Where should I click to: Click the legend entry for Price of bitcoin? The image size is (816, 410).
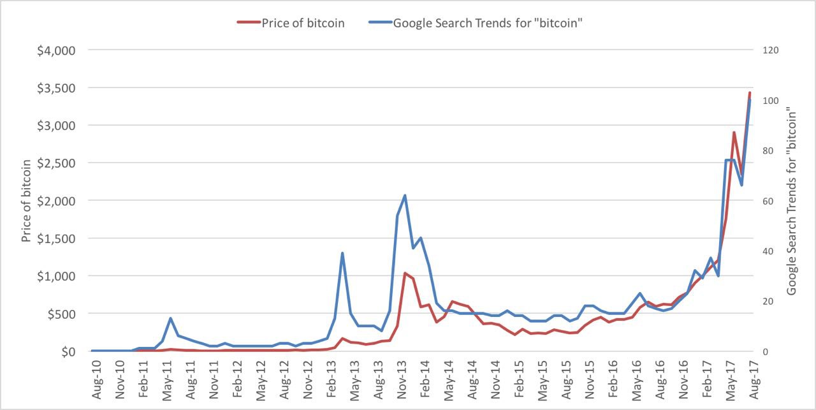tap(302, 23)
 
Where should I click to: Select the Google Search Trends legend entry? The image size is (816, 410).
tap(489, 23)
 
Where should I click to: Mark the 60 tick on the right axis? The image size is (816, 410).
tap(768, 201)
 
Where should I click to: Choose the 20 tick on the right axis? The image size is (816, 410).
tap(768, 302)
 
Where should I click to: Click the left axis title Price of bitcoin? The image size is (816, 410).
tap(26, 200)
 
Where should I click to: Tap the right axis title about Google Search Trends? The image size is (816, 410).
tap(792, 200)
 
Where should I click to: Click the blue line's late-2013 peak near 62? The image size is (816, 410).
tap(405, 195)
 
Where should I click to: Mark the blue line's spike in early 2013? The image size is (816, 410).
tap(342, 253)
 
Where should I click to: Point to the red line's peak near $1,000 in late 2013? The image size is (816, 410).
tap(405, 273)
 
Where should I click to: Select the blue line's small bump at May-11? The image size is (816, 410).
tap(170, 318)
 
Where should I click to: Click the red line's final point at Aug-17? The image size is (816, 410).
tap(750, 93)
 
